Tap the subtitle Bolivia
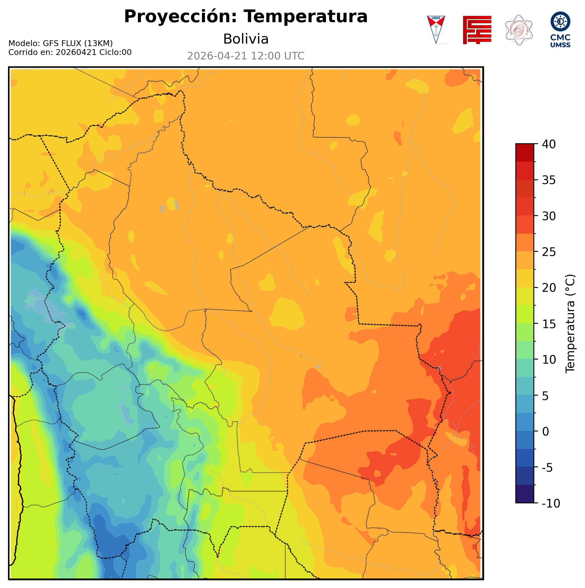click(246, 39)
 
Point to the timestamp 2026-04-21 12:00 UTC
click(246, 56)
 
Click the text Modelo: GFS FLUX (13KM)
click(60, 43)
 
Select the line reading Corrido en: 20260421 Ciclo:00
click(70, 52)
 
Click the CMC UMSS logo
click(560, 29)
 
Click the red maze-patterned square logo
click(477, 30)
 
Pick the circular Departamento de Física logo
click(519, 30)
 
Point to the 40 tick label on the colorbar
click(549, 144)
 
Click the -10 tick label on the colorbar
click(551, 504)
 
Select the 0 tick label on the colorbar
click(546, 432)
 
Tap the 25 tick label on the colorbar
click(549, 252)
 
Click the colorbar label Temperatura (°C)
click(570, 324)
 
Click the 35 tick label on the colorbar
click(549, 180)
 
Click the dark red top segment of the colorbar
click(525, 152)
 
